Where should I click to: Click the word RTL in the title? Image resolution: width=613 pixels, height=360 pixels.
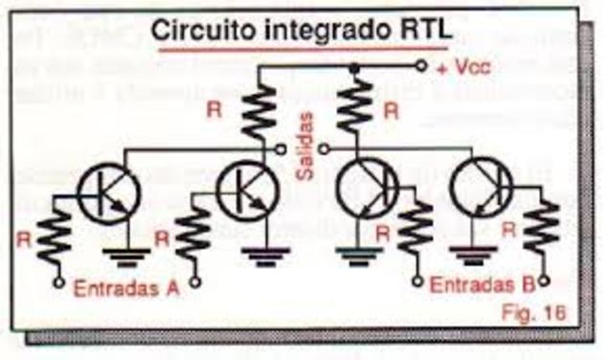pyautogui.click(x=419, y=31)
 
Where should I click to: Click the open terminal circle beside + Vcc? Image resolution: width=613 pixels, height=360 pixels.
pyautogui.click(x=420, y=67)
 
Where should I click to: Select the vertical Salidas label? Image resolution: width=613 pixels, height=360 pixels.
pyautogui.click(x=306, y=145)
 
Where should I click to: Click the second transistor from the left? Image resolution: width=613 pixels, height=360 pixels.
pyautogui.click(x=246, y=191)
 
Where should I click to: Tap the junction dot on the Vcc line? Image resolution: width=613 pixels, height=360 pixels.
pyautogui.click(x=355, y=67)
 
